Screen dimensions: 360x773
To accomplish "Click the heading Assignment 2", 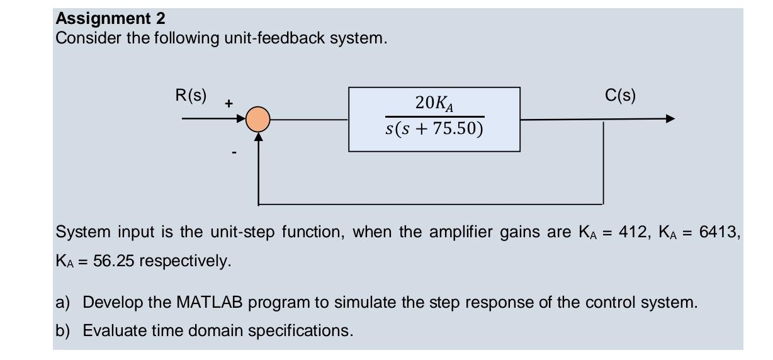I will coord(110,18).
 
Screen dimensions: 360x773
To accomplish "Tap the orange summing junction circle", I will coord(257,119).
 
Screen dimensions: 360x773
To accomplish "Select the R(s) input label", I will coord(191,96).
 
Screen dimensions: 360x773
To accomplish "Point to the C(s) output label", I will coord(620,96).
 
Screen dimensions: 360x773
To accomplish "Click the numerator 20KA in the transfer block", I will coord(435,103).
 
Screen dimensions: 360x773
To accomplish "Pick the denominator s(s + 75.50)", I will coord(434,129).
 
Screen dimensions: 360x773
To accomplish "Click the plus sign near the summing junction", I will coord(229,103).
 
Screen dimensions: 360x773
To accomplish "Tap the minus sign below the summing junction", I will coord(234,152).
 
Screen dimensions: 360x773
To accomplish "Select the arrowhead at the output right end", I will coord(670,119).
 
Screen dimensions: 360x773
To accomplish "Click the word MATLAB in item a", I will coord(209,303).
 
